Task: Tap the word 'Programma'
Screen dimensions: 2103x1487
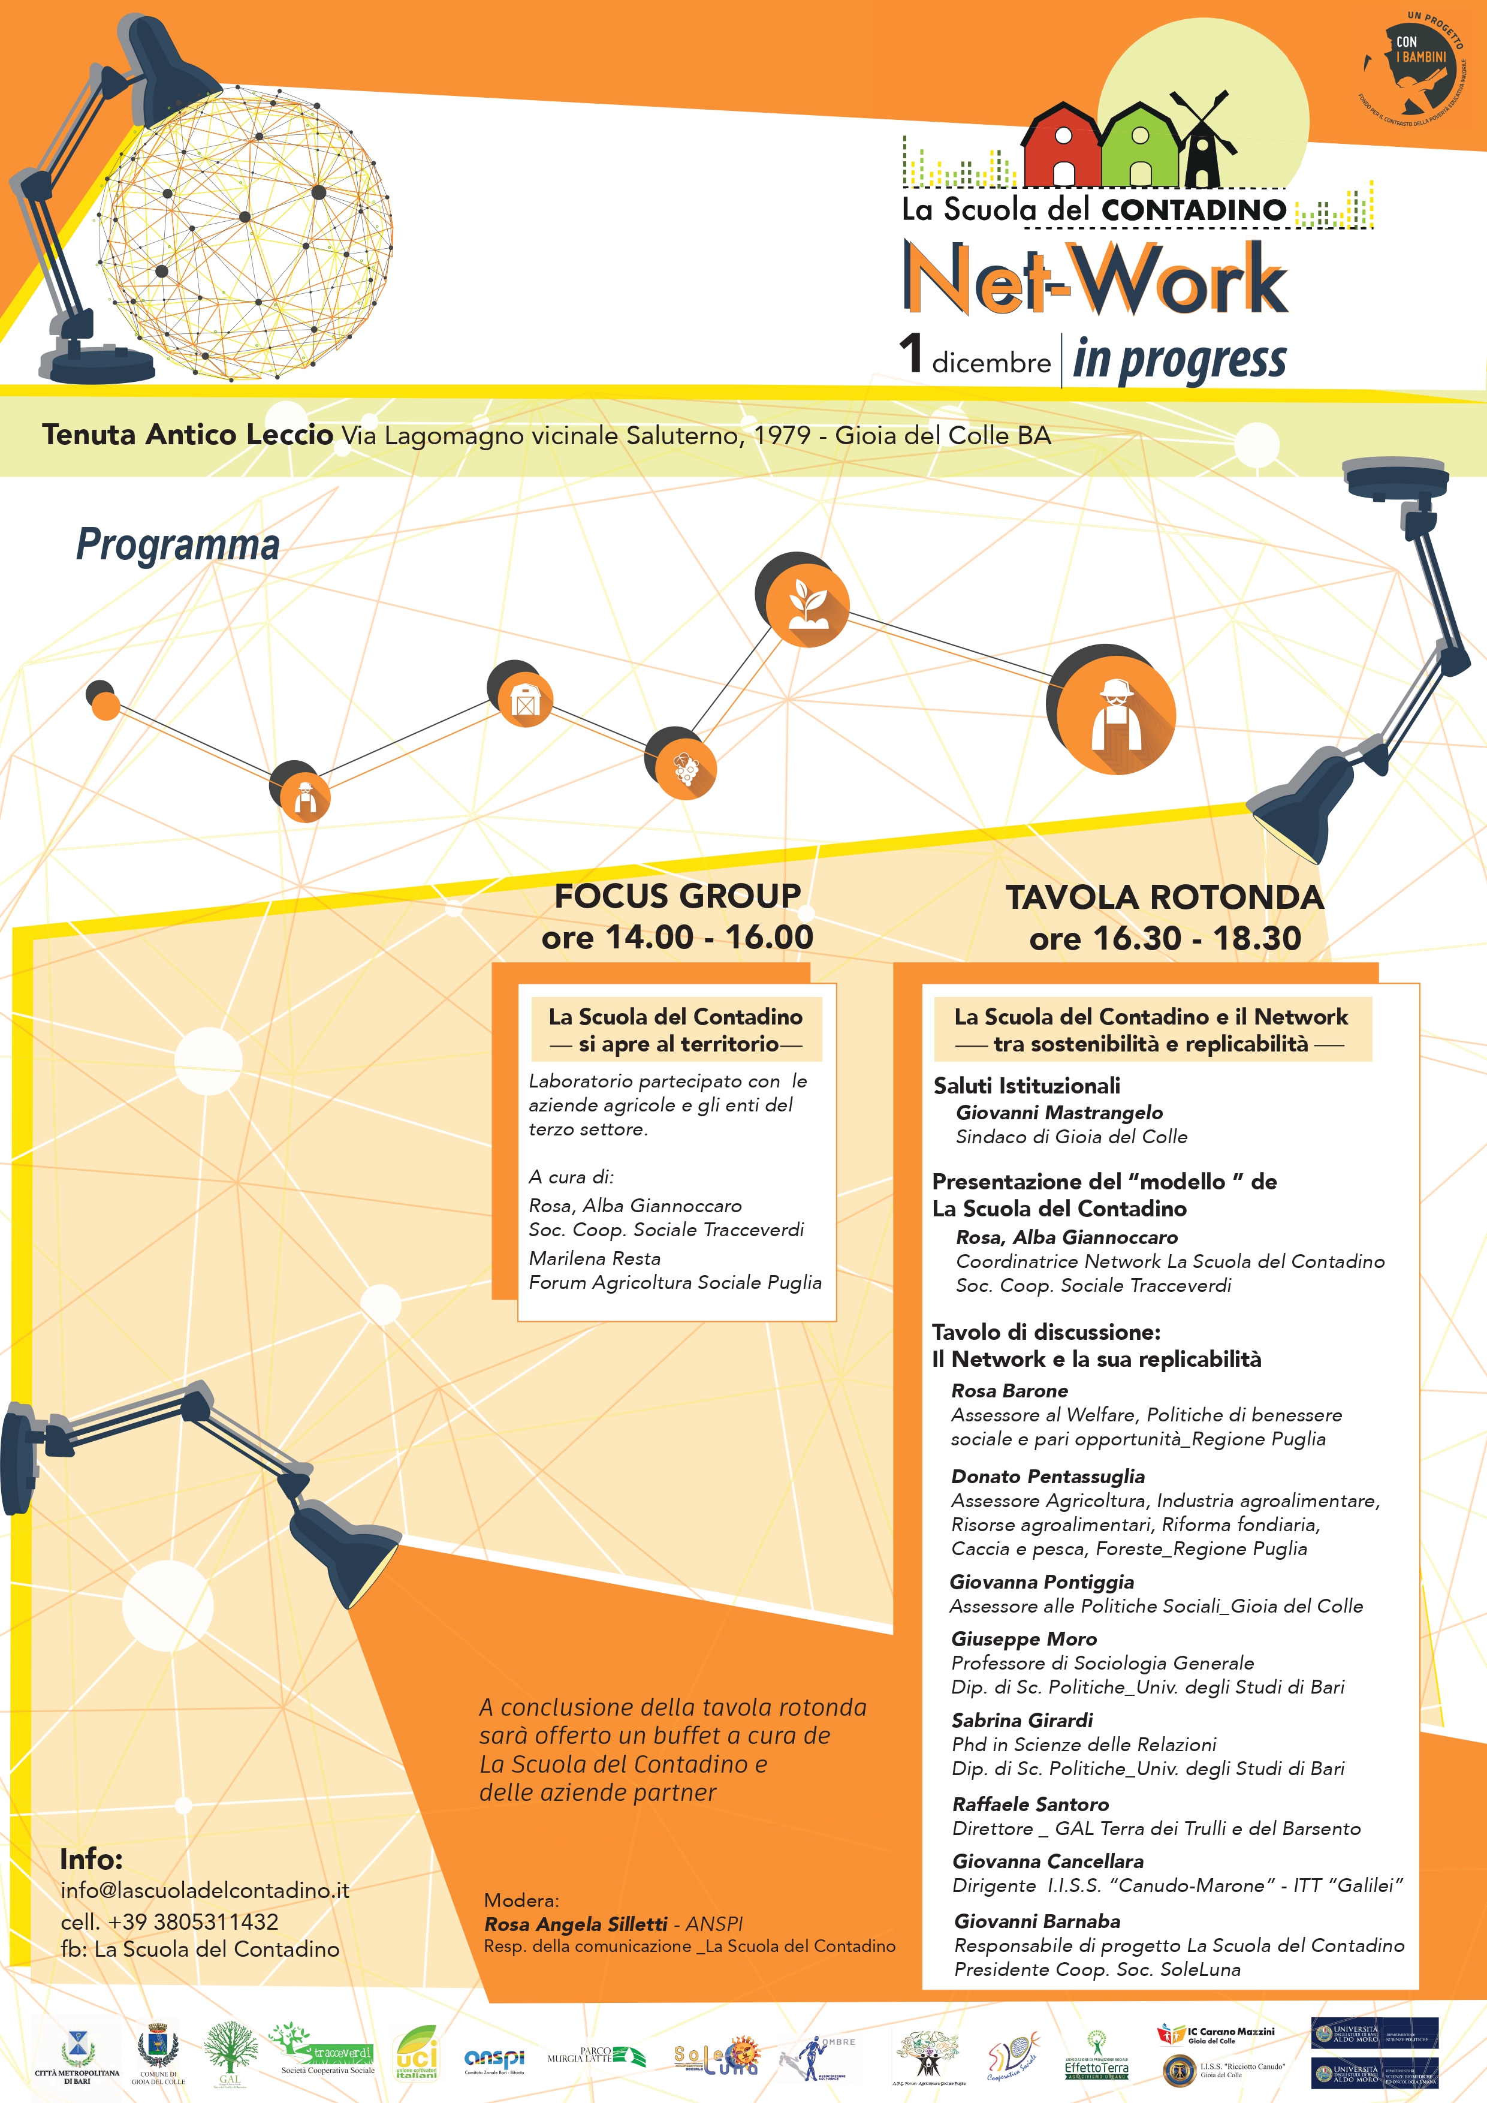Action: click(177, 545)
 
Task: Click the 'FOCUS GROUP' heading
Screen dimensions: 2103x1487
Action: click(678, 896)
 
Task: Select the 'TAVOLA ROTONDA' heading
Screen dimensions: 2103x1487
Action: click(1165, 897)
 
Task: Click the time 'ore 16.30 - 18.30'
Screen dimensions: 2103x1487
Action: click(1165, 938)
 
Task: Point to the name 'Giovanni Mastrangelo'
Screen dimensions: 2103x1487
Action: click(1060, 1112)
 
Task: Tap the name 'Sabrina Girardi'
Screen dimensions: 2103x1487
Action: click(1022, 1720)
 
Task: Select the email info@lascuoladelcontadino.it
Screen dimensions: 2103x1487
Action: click(205, 1891)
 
